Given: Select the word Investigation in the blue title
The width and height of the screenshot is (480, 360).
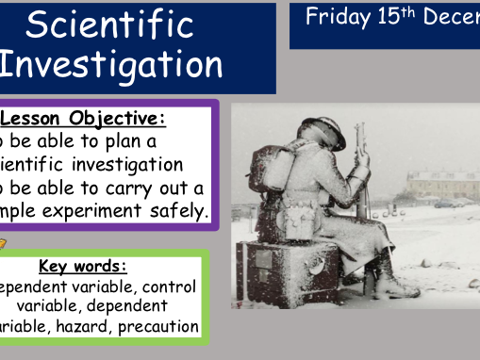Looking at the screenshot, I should point(111,66).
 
